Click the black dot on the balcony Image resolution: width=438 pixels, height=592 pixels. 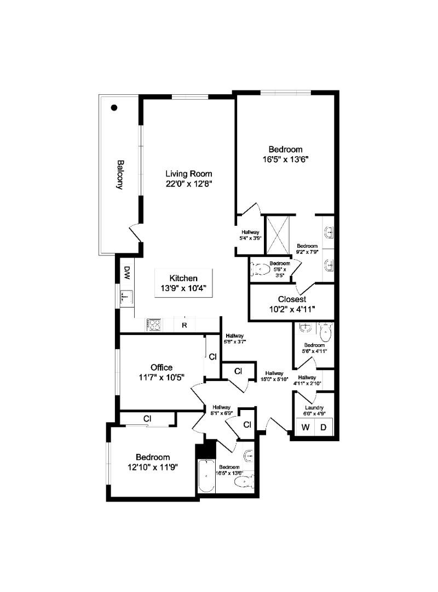click(114, 108)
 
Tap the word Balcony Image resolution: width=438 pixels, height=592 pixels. click(119, 174)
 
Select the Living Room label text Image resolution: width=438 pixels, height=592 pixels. click(189, 174)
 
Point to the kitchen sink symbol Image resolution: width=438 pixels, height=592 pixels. click(126, 298)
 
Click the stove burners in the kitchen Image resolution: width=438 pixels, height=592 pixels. click(153, 325)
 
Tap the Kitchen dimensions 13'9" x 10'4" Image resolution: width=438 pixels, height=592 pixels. click(183, 288)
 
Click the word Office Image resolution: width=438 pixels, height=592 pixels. click(162, 367)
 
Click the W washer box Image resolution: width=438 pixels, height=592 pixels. click(305, 427)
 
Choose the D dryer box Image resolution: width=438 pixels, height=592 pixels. click(323, 427)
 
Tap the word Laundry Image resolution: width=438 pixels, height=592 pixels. click(314, 408)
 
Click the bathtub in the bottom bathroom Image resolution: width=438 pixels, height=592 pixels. click(206, 476)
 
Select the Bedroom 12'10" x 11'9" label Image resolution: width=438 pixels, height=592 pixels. click(153, 462)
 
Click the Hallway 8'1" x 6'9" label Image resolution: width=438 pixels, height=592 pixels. click(222, 411)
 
